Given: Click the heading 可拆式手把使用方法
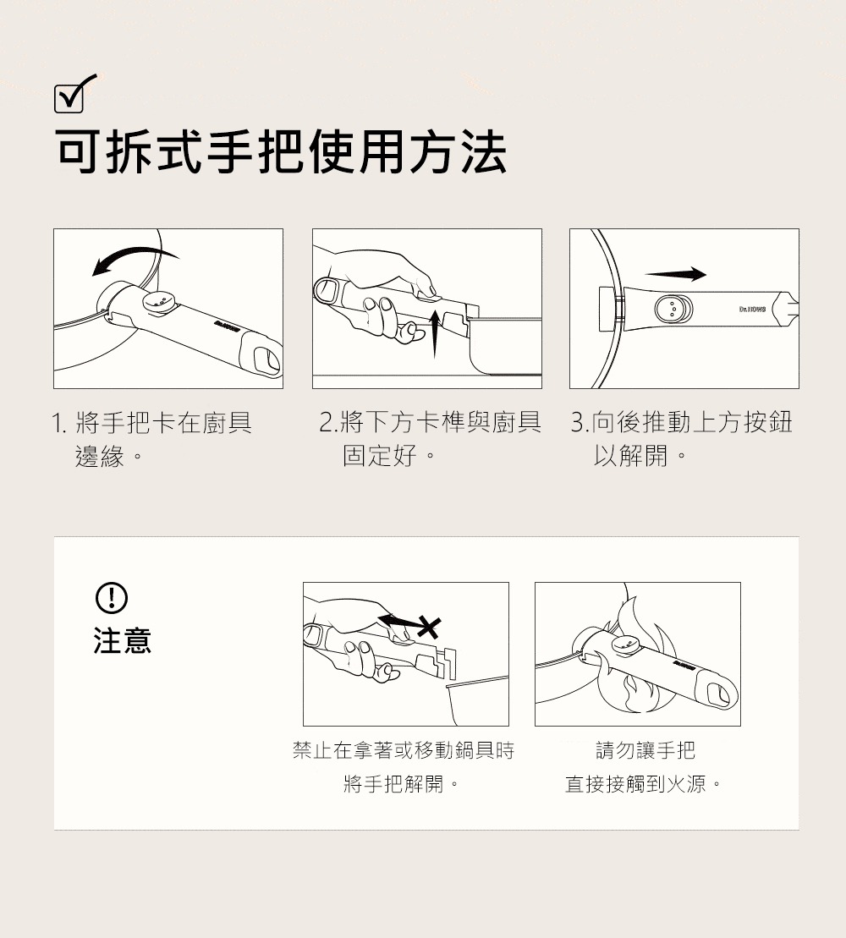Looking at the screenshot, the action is point(281,152).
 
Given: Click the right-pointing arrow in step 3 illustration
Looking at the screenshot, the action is point(675,274).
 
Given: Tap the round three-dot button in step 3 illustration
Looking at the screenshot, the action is point(673,309).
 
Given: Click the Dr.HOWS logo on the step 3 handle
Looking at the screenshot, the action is point(752,310).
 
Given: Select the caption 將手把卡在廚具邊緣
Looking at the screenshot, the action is point(152,439).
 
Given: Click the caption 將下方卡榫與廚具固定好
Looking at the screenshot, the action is point(430,438).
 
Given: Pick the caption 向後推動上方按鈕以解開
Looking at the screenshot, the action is point(682,438).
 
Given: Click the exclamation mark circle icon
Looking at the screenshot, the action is point(112,598).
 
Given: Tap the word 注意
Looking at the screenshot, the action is point(123,640).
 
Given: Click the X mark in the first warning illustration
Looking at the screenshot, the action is point(429,627).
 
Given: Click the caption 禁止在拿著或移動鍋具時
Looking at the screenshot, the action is point(404,750).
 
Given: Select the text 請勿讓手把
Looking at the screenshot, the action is point(645,750).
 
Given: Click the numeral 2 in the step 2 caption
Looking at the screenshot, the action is point(326,422).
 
